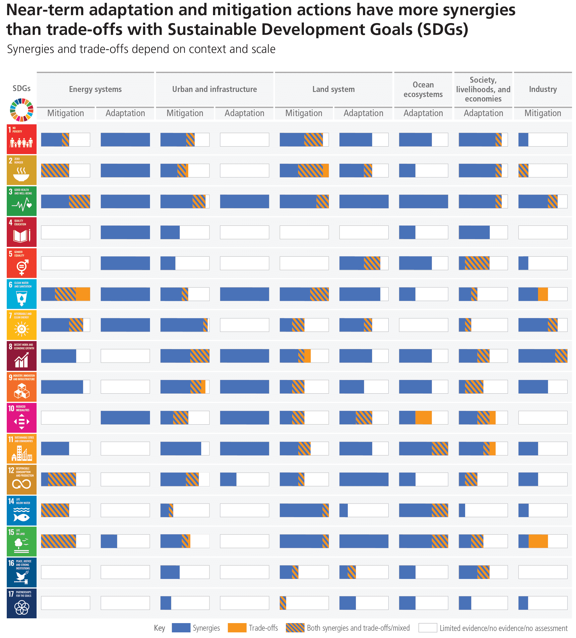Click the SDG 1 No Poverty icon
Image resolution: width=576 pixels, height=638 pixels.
[21, 139]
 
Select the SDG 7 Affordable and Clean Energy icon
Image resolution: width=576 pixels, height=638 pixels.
[21, 324]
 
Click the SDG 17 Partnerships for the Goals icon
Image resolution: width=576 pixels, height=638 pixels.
[21, 603]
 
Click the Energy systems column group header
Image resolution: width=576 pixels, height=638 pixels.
[95, 89]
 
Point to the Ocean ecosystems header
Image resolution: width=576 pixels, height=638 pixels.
[423, 89]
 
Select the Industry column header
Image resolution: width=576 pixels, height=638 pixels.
[543, 89]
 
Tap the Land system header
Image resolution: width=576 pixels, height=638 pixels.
[333, 89]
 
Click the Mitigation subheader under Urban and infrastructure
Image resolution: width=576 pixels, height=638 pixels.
[185, 113]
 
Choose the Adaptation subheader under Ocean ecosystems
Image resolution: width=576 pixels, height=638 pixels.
[423, 113]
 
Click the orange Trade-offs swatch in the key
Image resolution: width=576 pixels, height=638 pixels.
[237, 628]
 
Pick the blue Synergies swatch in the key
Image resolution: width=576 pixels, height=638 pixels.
[181, 628]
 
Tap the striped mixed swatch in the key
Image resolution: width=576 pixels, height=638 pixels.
[295, 628]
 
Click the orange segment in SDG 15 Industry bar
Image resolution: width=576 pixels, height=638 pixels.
[538, 541]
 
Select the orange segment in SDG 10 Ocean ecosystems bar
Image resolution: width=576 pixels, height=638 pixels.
[423, 418]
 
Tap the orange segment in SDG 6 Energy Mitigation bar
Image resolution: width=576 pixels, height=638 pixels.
[83, 294]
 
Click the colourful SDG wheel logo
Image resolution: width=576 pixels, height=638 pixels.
[21, 110]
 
